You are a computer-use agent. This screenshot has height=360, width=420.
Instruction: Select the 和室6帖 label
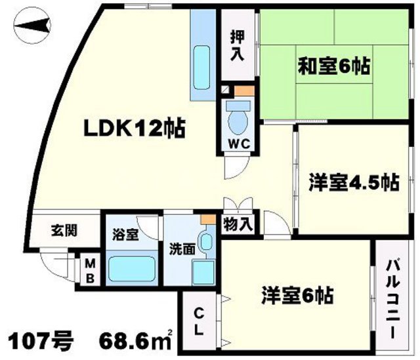pos(325,66)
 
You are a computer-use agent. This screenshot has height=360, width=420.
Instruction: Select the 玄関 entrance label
pos(64,230)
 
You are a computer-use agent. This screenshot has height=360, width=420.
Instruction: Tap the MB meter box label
pos(90,270)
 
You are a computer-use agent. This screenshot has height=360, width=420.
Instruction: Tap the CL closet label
pos(198,321)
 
